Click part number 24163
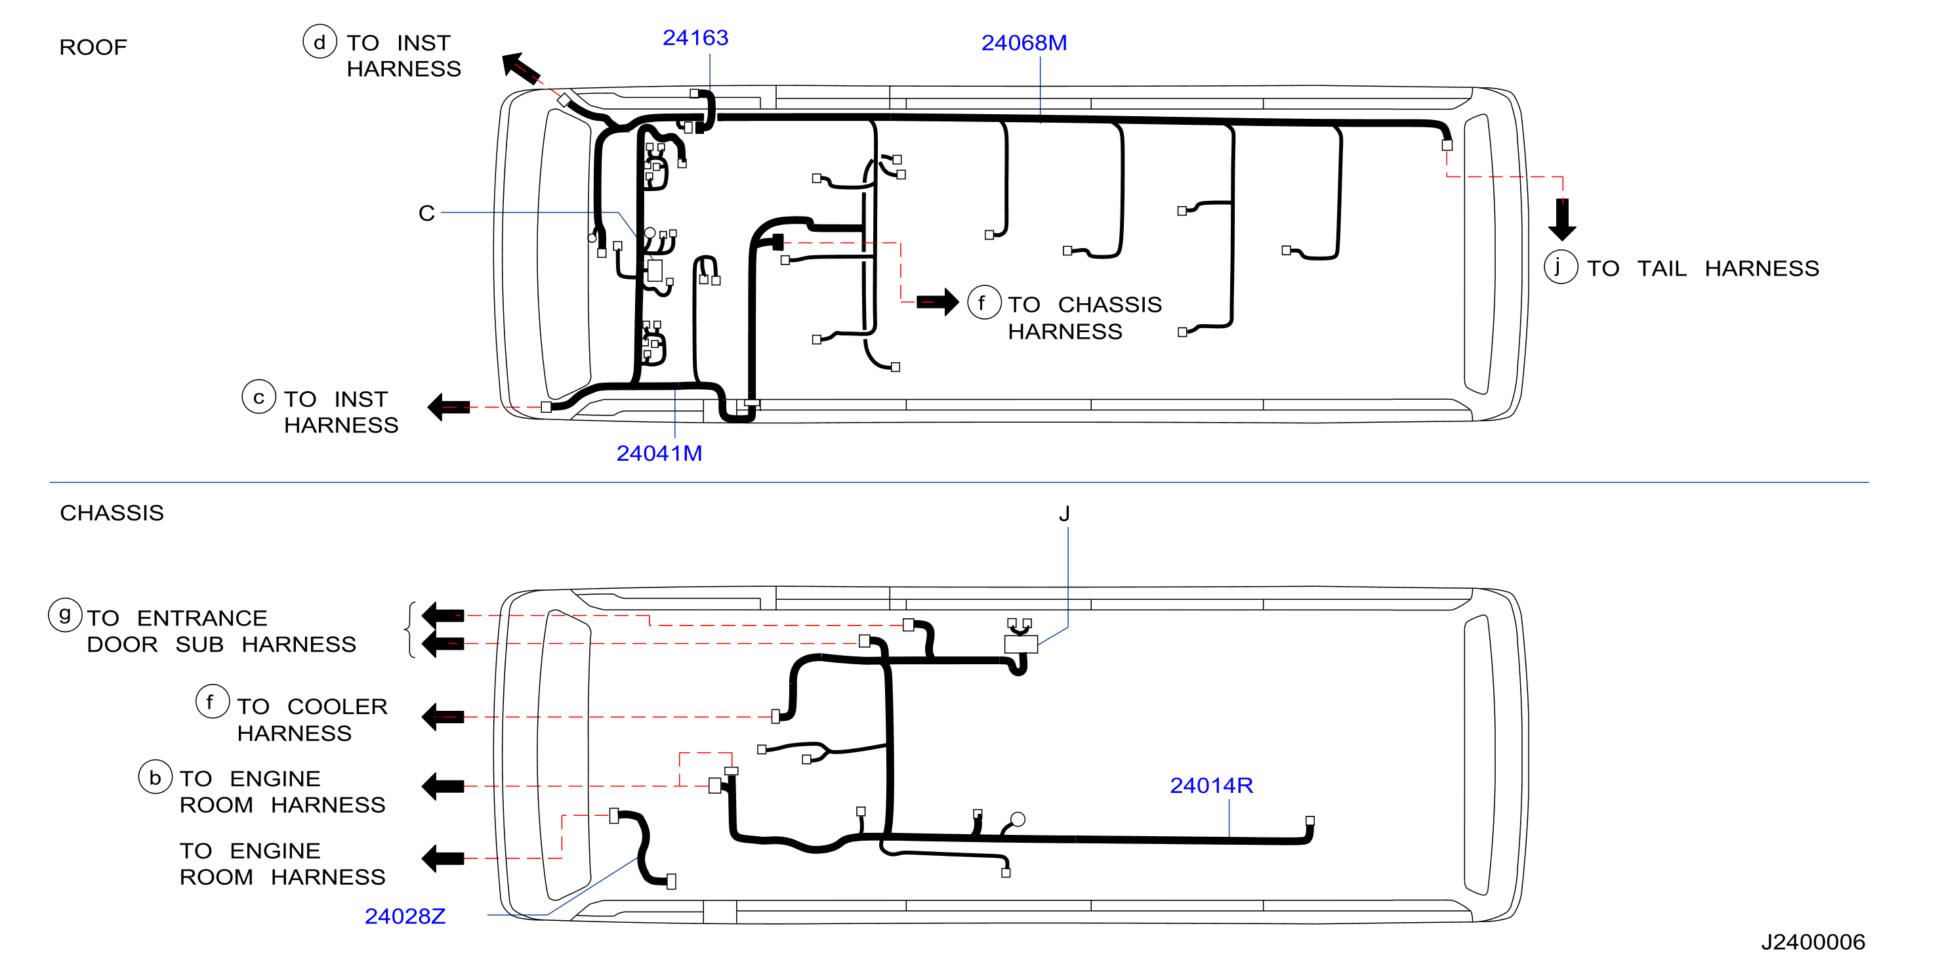pyautogui.click(x=695, y=37)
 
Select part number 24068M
pyautogui.click(x=1023, y=43)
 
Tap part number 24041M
pyautogui.click(x=659, y=454)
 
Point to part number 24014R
pyautogui.click(x=1211, y=786)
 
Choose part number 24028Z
pyautogui.click(x=405, y=916)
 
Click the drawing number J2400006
pyautogui.click(x=1813, y=942)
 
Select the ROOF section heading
pyautogui.click(x=93, y=47)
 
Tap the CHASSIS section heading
pyautogui.click(x=112, y=513)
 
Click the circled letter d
pyautogui.click(x=320, y=41)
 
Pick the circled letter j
pyautogui.click(x=1560, y=266)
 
